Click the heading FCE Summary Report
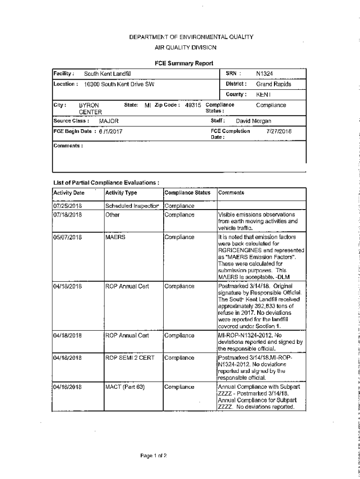(184, 63)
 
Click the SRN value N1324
(265, 74)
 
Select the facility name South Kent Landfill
(108, 74)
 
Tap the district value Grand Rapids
(274, 84)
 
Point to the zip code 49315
(193, 105)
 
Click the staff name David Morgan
(253, 121)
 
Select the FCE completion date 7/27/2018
(279, 131)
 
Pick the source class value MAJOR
(108, 121)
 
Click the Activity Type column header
(121, 193)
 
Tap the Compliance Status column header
(187, 193)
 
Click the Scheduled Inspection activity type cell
(133, 206)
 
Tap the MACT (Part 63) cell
(125, 387)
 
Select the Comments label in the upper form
(68, 145)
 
